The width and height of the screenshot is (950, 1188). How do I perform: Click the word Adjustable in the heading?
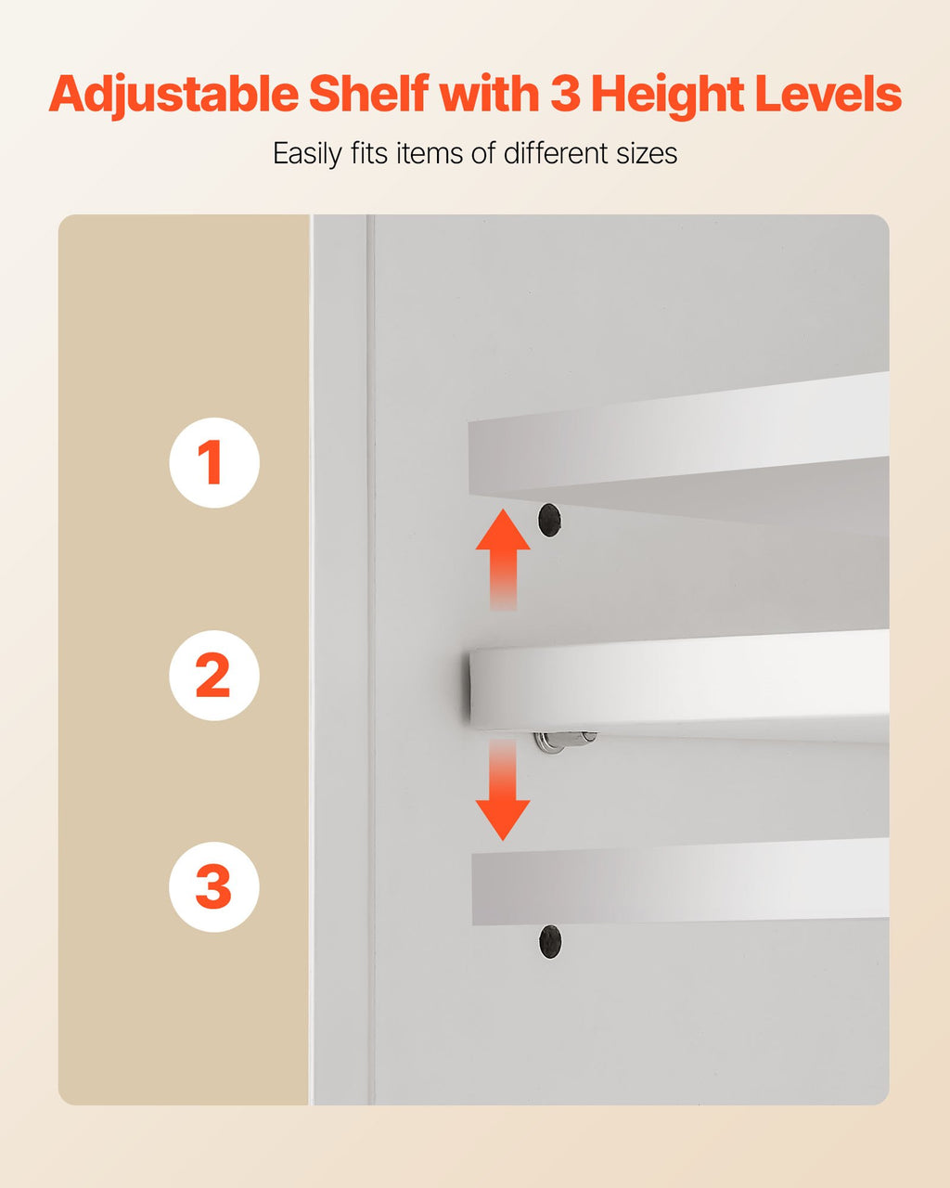coord(173,95)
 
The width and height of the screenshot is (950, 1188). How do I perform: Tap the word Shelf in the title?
coord(368,95)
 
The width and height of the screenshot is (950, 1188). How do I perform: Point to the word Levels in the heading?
coord(828,95)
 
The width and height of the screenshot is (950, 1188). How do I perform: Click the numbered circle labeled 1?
coord(213,462)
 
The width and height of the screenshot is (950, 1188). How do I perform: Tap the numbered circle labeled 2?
coord(213,675)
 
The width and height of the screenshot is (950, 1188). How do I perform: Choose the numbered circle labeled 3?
coord(213,886)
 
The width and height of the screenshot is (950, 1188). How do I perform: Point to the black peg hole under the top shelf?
coord(549,520)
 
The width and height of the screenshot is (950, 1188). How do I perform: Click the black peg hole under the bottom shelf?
coord(550,942)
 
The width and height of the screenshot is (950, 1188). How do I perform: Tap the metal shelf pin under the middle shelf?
coord(564,740)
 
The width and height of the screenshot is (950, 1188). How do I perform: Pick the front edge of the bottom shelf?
coord(677,886)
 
